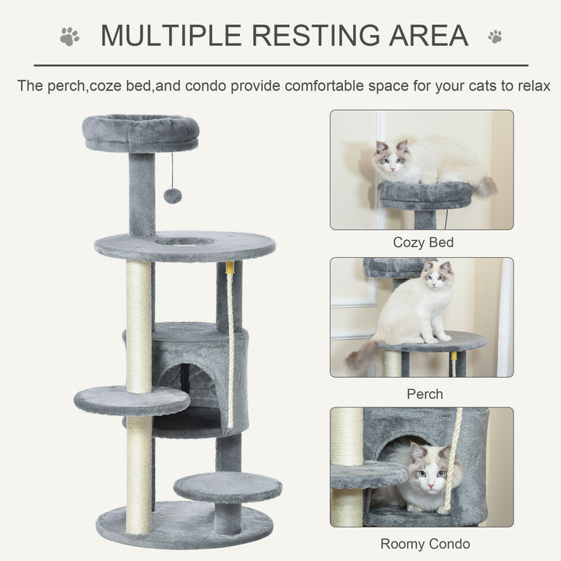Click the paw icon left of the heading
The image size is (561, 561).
[69, 37]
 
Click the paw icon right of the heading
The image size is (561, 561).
[495, 36]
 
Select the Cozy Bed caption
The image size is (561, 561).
[422, 242]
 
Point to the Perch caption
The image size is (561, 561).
[424, 394]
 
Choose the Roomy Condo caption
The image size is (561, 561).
[425, 544]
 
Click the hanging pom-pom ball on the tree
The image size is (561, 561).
[172, 196]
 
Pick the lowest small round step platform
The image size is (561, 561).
[228, 487]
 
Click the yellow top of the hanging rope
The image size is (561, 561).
[230, 267]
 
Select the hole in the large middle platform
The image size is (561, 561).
[184, 242]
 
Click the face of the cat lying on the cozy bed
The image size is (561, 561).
[392, 162]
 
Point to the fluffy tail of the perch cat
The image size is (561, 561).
[363, 355]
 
